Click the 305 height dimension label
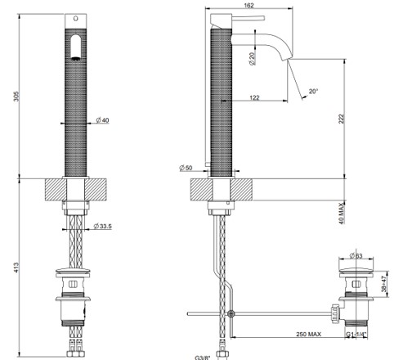pyautogui.click(x=16, y=97)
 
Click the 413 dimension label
pyautogui.click(x=16, y=268)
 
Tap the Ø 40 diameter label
pyautogui.click(x=102, y=120)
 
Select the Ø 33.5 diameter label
pyautogui.click(x=102, y=226)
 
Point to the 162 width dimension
pyautogui.click(x=249, y=5)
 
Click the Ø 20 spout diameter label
pyautogui.click(x=252, y=58)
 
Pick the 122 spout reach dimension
pyautogui.click(x=254, y=97)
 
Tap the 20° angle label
pyautogui.click(x=314, y=91)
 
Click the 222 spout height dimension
pyautogui.click(x=342, y=119)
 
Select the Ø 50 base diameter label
pyautogui.click(x=186, y=168)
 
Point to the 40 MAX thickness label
pyautogui.click(x=342, y=214)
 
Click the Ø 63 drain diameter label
pyautogui.click(x=356, y=255)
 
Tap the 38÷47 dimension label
pyautogui.click(x=384, y=284)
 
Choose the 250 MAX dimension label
pyautogui.click(x=309, y=334)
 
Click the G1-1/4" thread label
pyautogui.click(x=356, y=335)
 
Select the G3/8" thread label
pyautogui.click(x=203, y=358)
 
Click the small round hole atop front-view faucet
pyautogui.click(x=76, y=19)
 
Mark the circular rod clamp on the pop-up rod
pyautogui.click(x=231, y=314)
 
